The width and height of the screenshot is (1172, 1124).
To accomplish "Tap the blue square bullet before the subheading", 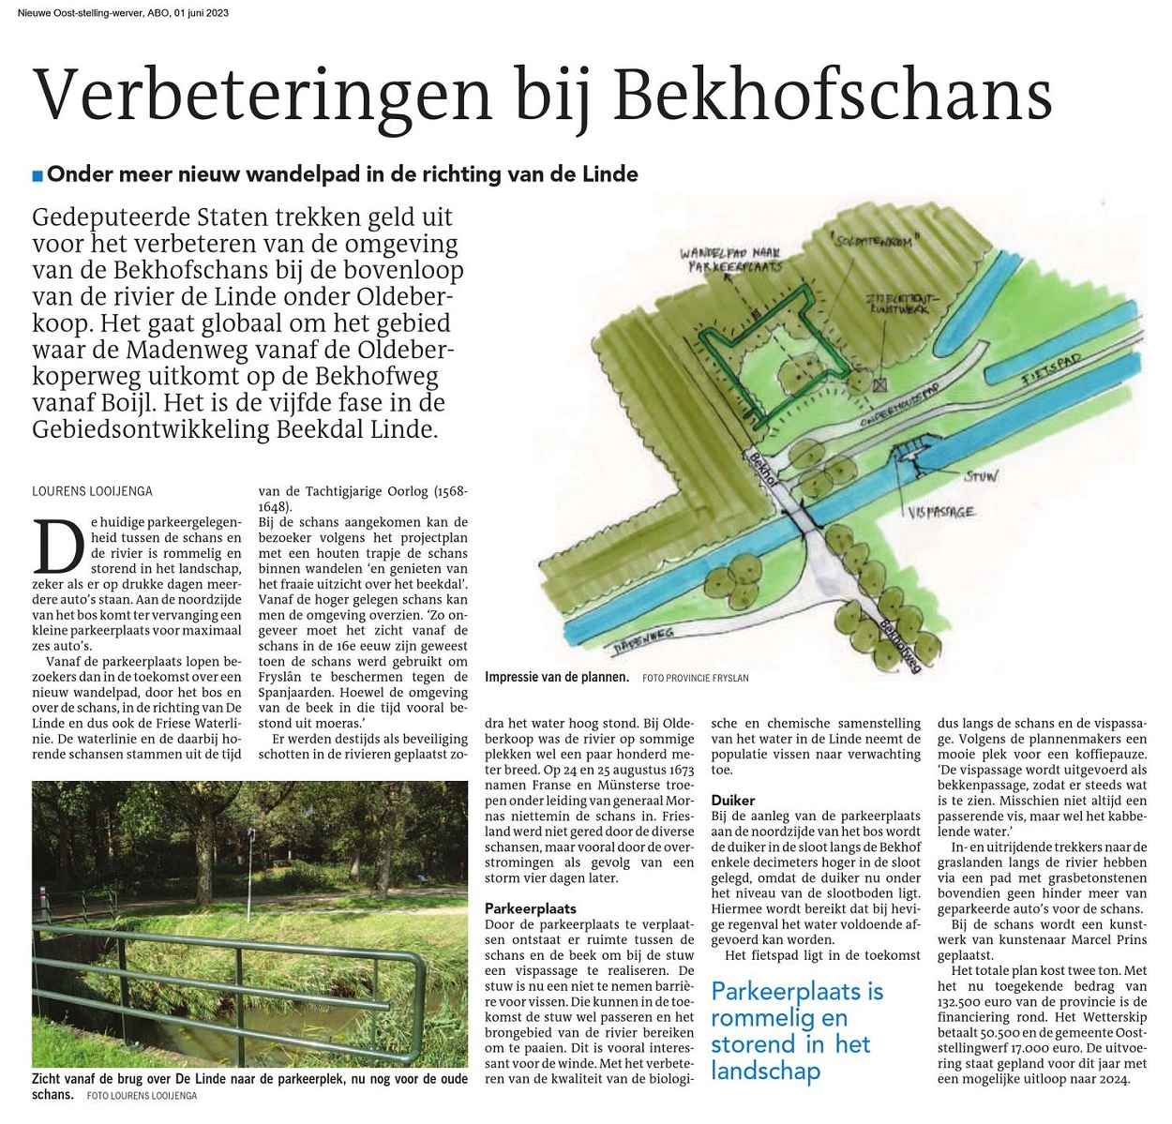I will pyautogui.click(x=38, y=175).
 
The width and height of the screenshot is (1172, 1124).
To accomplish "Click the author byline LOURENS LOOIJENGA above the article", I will pyautogui.click(x=92, y=491).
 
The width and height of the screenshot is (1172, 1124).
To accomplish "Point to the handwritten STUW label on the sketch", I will pyautogui.click(x=981, y=476).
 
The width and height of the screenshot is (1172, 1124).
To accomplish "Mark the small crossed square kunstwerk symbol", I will pyautogui.click(x=879, y=383).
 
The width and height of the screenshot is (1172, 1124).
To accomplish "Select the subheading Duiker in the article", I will pyautogui.click(x=732, y=801).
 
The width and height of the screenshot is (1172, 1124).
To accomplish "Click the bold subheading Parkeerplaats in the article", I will pyautogui.click(x=530, y=908).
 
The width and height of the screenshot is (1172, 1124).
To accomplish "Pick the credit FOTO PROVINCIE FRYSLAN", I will pyautogui.click(x=695, y=678).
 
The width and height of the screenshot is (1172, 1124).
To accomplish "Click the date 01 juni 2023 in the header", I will pyautogui.click(x=201, y=13).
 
